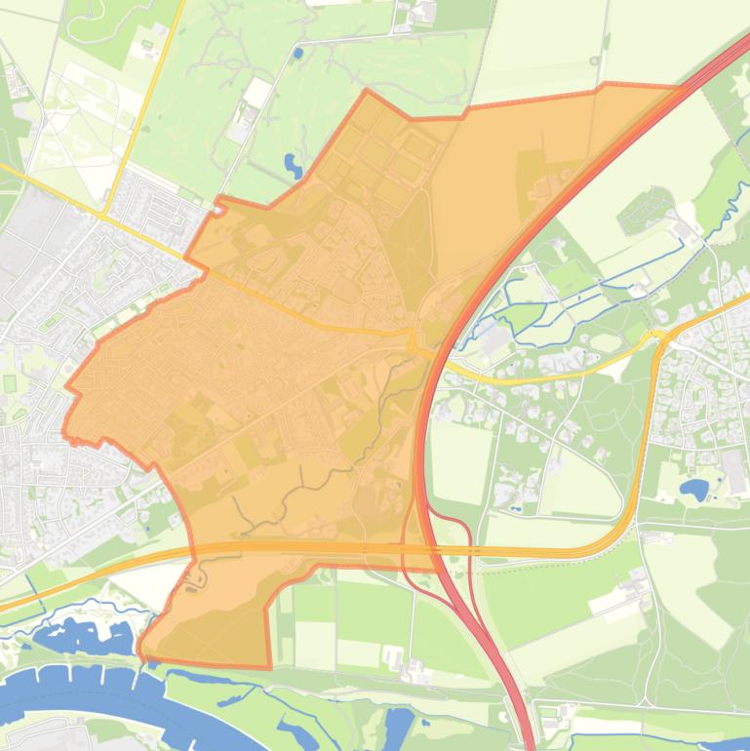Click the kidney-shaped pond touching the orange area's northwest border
pos(293,165)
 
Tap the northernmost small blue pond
pos(297,52)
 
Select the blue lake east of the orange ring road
pos(694,489)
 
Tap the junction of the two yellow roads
pos(105,213)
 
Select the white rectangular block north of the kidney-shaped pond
pos(258,93)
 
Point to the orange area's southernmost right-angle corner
pos(269,667)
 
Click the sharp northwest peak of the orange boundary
pos(367,92)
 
